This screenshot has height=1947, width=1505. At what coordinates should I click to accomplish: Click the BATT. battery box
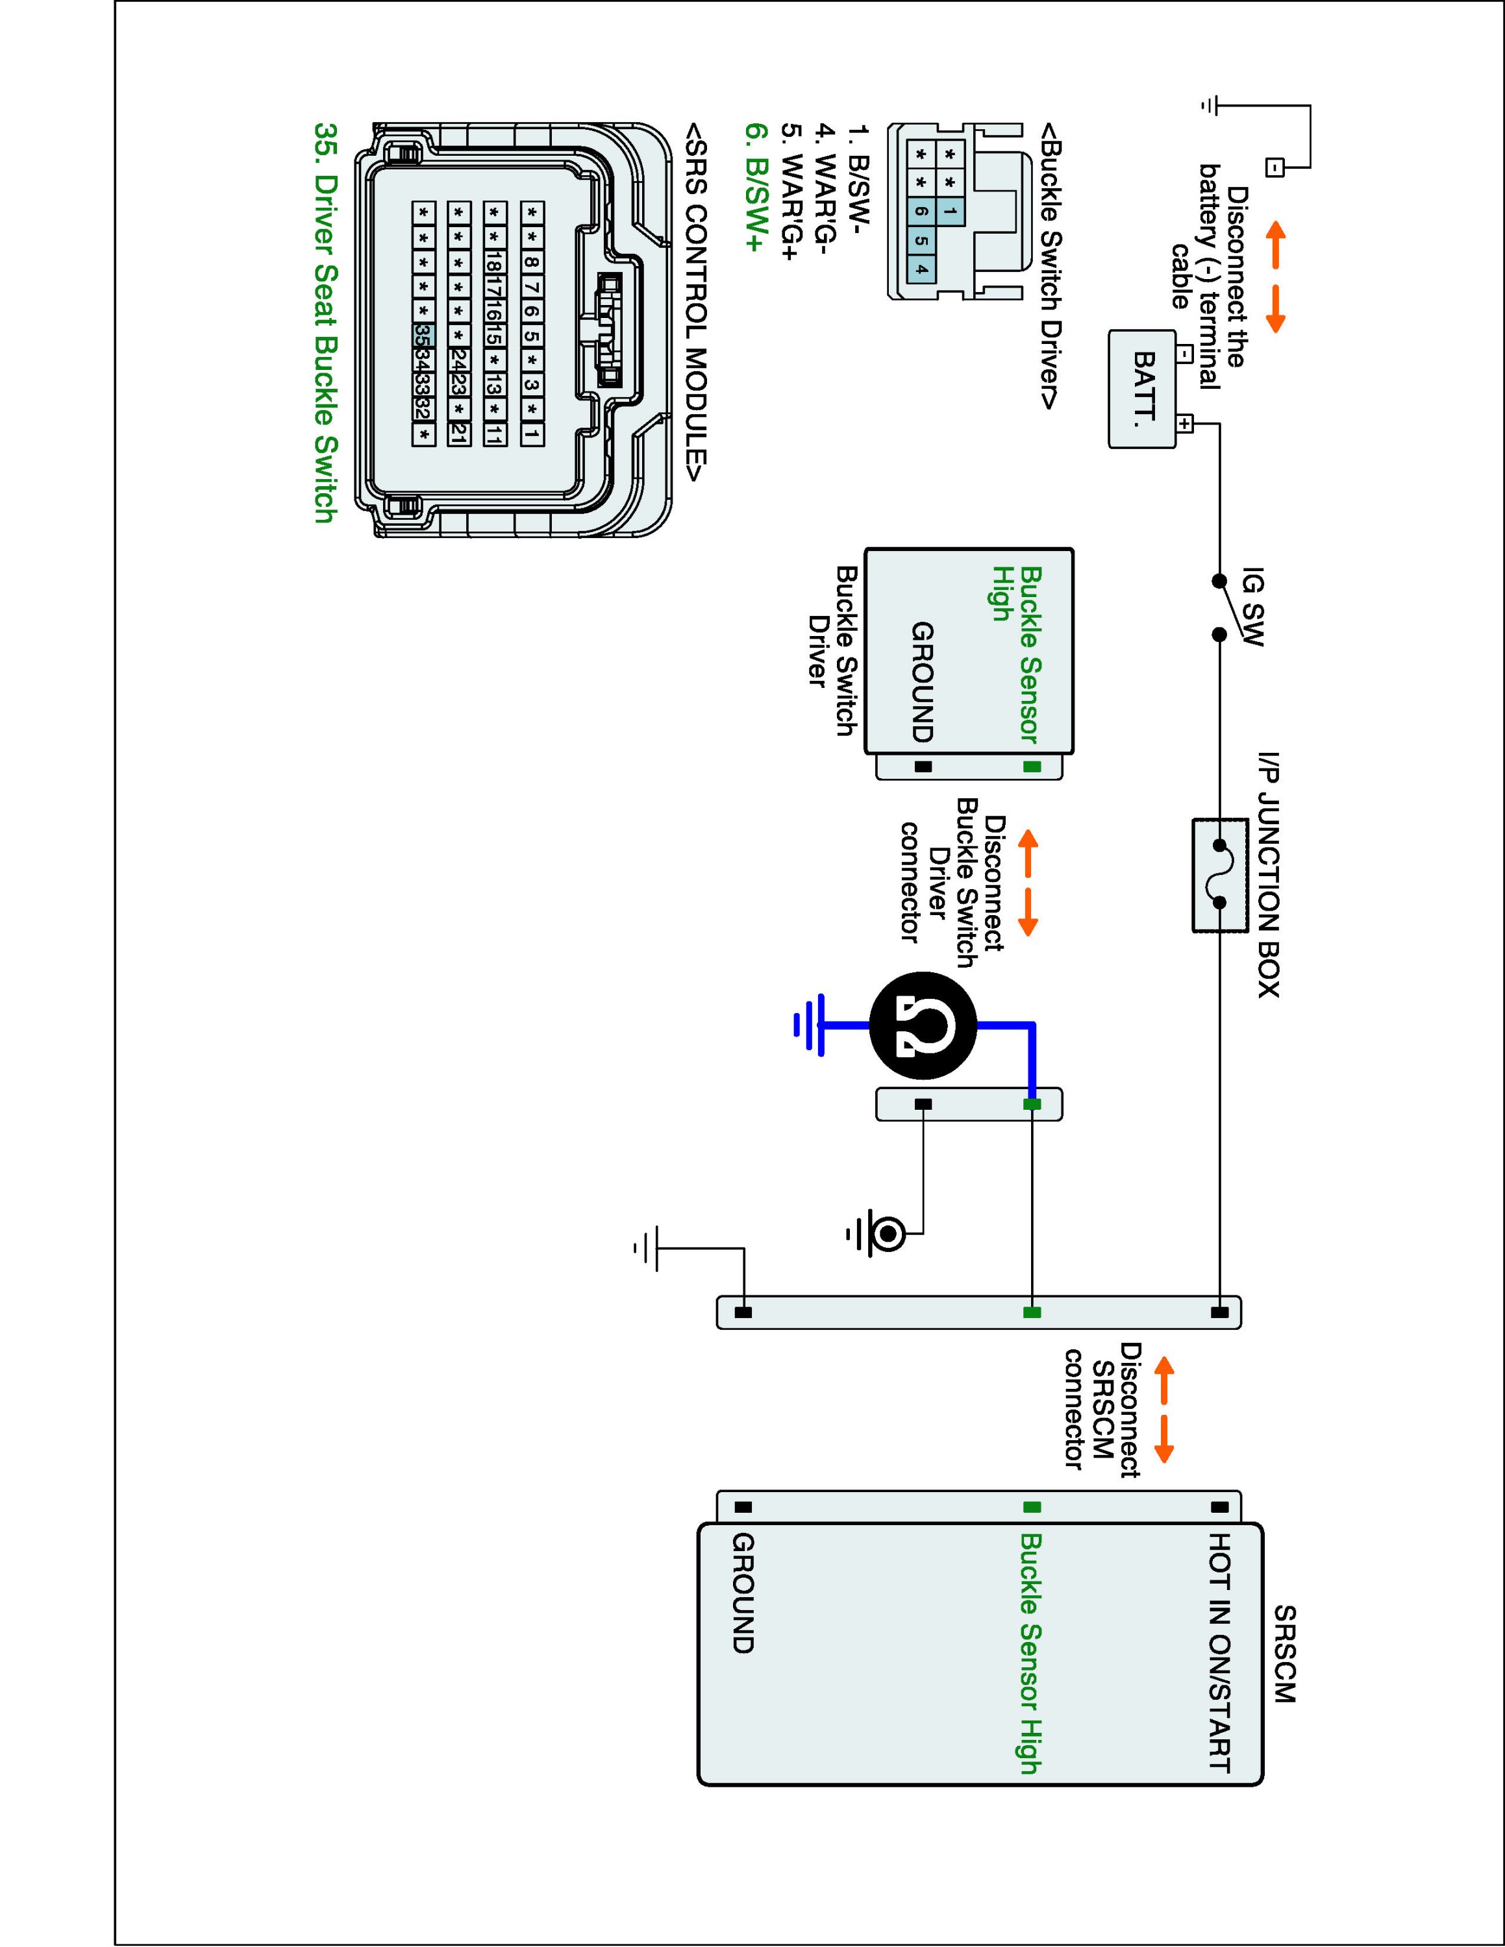click(x=1142, y=389)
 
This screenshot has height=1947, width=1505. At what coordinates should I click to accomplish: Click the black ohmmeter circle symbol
click(x=923, y=1025)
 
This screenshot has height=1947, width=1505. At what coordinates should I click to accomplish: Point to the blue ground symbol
click(x=809, y=1026)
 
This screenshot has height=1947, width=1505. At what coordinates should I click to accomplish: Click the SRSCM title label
click(x=1284, y=1654)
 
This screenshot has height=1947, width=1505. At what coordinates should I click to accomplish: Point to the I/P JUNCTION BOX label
click(x=1269, y=876)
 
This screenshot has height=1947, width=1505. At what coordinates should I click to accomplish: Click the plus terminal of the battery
click(x=1184, y=423)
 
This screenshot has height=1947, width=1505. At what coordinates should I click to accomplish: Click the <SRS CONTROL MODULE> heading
click(x=696, y=302)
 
